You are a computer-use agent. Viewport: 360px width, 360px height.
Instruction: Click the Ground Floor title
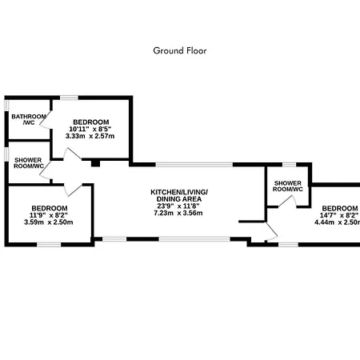(180, 50)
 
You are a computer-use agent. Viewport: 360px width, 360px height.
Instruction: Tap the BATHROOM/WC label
(29, 119)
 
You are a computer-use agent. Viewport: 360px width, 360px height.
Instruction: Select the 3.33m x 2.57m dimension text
(90, 136)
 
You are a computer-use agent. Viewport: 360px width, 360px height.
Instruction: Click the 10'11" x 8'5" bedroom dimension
(90, 129)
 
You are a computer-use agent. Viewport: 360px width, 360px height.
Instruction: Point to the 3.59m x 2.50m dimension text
(49, 222)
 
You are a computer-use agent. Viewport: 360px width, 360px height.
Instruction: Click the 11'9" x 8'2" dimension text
(49, 215)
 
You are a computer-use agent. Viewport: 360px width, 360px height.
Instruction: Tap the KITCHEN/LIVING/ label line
(179, 192)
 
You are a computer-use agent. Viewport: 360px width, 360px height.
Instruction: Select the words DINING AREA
(179, 199)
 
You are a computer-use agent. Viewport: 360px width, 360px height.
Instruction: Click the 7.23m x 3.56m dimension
(178, 213)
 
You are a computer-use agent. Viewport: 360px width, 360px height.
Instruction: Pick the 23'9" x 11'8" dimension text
(178, 206)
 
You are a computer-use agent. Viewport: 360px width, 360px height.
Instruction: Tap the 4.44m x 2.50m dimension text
(338, 222)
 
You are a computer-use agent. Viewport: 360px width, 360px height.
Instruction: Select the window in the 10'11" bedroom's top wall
(69, 98)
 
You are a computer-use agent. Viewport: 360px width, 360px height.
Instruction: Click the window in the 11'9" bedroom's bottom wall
(49, 244)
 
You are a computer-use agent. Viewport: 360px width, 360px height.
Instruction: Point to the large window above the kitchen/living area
(194, 165)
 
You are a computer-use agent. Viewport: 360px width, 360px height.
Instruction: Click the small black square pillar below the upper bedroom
(95, 163)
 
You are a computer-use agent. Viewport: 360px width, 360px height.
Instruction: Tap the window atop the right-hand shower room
(290, 165)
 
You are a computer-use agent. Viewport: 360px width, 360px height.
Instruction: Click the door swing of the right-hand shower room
(288, 201)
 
